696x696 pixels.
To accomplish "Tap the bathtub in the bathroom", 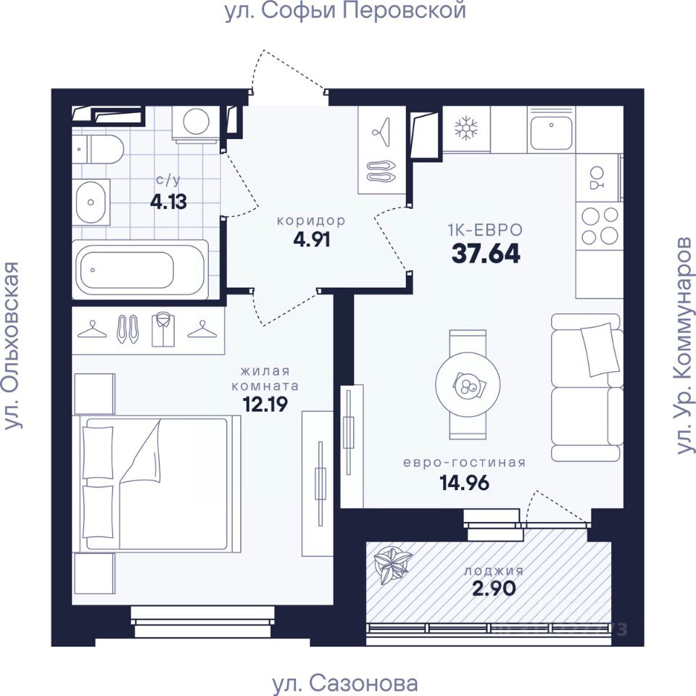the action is [140, 270].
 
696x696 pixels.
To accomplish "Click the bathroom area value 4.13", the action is [169, 202].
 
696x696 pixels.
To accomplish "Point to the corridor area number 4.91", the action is [312, 240].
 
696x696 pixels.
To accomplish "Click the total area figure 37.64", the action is [485, 254].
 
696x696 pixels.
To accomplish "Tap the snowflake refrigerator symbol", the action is [466, 129].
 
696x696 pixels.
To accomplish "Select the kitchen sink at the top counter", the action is [551, 129].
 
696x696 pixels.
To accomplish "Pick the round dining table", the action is [468, 384].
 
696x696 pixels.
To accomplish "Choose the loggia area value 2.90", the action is [493, 589].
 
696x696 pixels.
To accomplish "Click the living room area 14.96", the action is [464, 483].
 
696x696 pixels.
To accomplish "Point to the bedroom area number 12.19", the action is [265, 404].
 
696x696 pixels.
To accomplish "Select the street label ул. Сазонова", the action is [345, 682].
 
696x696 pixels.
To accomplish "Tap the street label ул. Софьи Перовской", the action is [345, 11].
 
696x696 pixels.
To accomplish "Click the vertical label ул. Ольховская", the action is [12, 346].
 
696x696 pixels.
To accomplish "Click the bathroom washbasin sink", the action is [91, 202].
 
